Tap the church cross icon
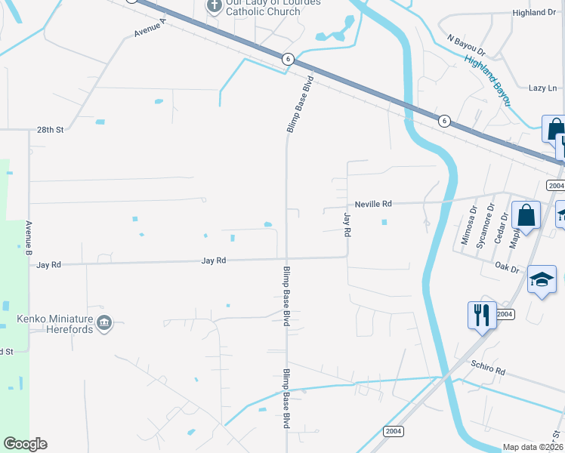click(x=214, y=7)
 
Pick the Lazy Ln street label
click(x=542, y=88)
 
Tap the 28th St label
click(x=51, y=130)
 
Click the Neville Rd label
click(x=374, y=204)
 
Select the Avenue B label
click(x=29, y=236)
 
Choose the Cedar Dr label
click(x=499, y=226)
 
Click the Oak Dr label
click(x=508, y=268)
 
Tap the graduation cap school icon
click(x=542, y=279)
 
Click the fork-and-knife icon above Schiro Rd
click(x=482, y=313)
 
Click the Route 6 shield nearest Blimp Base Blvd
click(x=287, y=58)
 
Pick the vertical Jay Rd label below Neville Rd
click(x=347, y=225)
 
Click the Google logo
click(x=25, y=444)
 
